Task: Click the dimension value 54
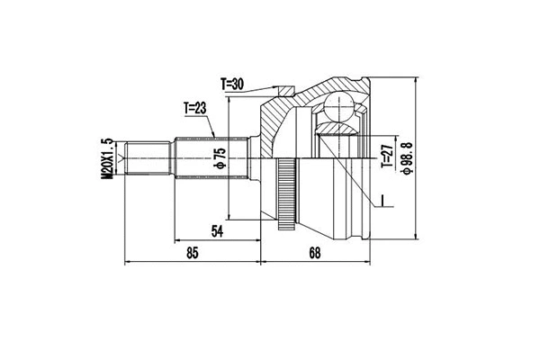[216, 232]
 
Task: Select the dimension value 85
[192, 253]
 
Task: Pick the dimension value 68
[314, 253]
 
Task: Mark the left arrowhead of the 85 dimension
[127, 263]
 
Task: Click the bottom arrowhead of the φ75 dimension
[230, 216]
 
